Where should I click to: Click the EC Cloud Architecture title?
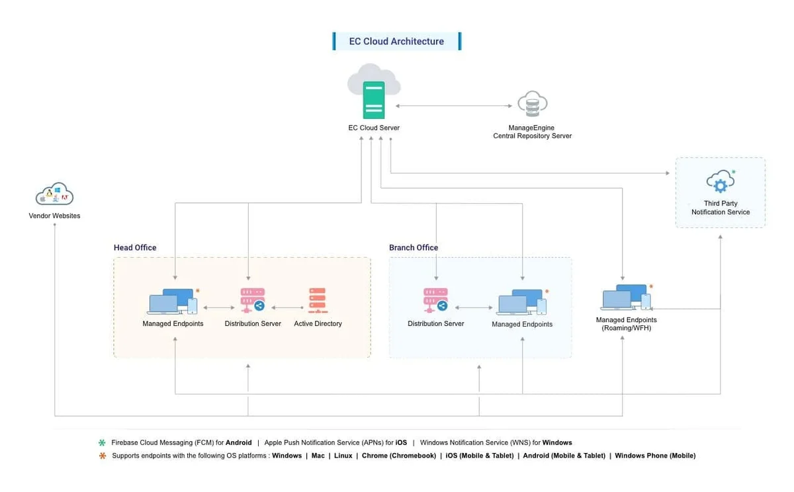[396, 42]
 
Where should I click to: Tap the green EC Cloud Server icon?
[374, 101]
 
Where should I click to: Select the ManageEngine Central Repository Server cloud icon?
[533, 104]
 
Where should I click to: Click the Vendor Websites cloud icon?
[54, 194]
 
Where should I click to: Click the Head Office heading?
[135, 247]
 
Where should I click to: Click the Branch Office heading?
[414, 247]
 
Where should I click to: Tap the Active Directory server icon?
[318, 301]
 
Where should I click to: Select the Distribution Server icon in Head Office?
[253, 300]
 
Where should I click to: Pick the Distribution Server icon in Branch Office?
[435, 300]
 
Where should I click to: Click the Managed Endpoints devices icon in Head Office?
[173, 302]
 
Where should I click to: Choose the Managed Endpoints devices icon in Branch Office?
[522, 302]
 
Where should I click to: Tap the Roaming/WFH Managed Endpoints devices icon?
[626, 297]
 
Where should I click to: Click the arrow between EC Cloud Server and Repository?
[454, 106]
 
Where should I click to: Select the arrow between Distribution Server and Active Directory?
[287, 307]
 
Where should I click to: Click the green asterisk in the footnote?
[102, 442]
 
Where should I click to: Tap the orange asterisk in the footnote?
[103, 456]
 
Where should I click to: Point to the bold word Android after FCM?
[239, 442]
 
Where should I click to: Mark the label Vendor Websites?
[54, 216]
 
